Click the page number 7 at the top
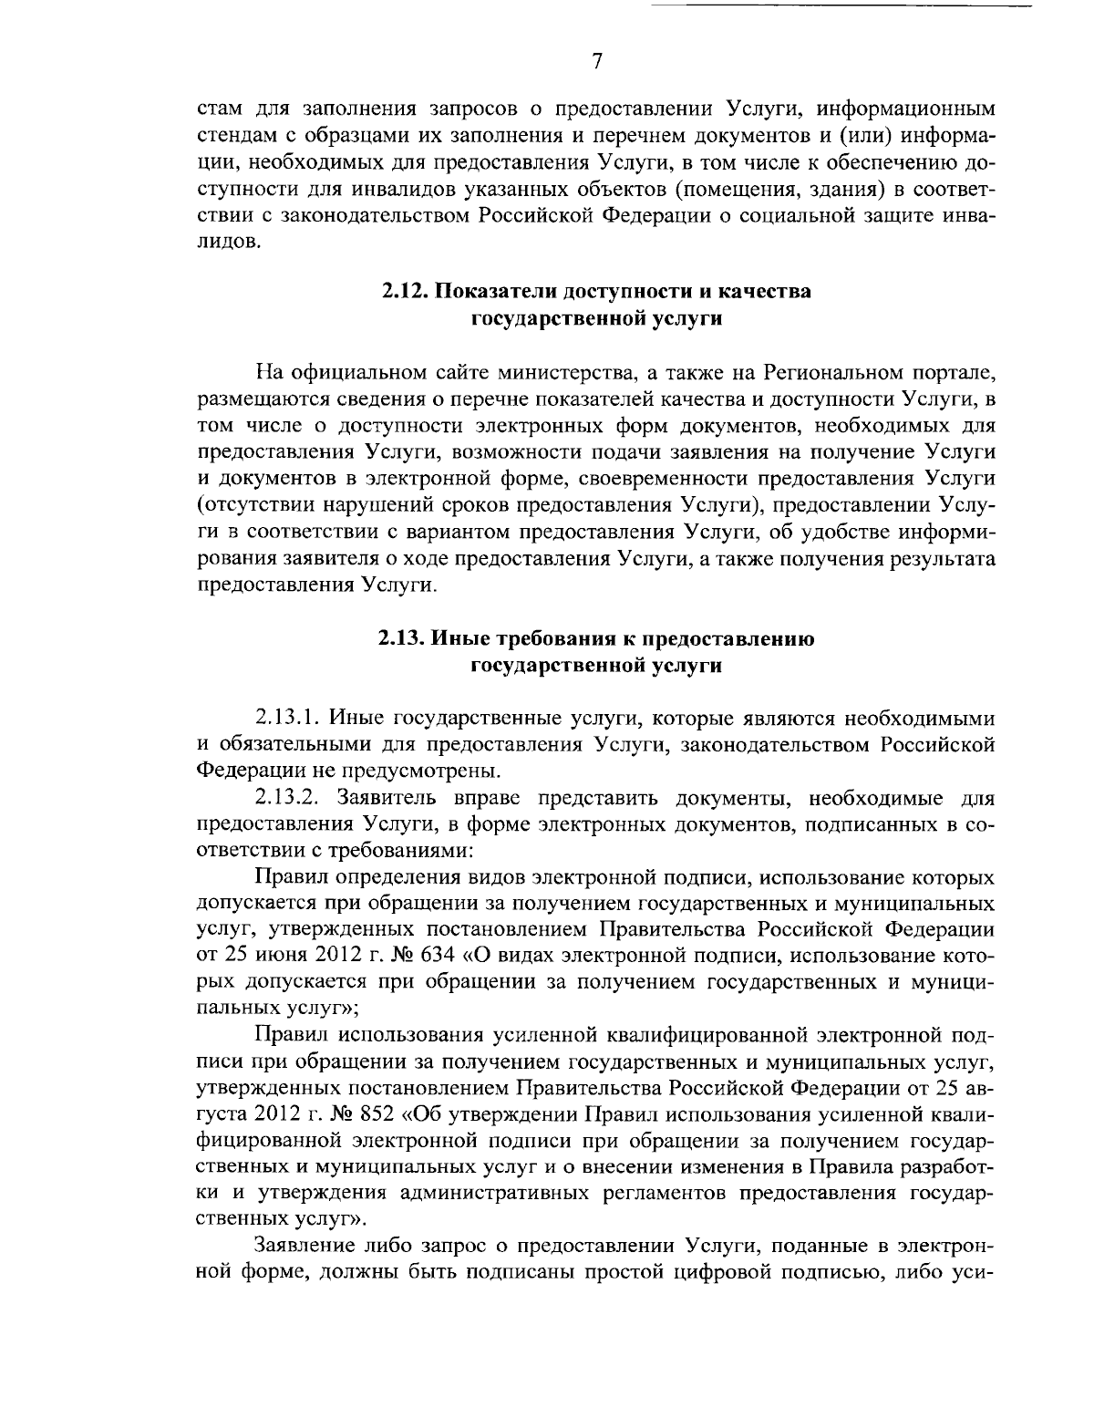tap(596, 62)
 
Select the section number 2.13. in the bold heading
tap(404, 639)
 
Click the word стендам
tap(235, 137)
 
